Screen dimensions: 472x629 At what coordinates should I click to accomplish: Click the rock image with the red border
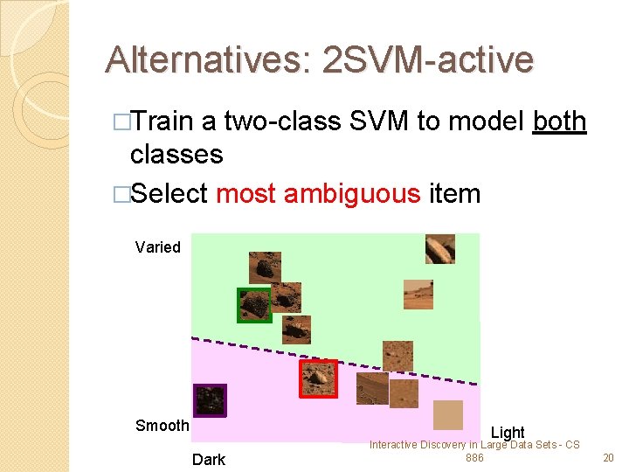click(x=318, y=378)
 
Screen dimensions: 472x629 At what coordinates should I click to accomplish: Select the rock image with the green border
click(x=255, y=305)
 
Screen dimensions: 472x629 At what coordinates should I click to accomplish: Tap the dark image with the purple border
click(x=209, y=400)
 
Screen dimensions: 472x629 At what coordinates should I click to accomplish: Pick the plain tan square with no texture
click(x=448, y=415)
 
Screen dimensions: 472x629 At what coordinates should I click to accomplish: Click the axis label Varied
click(x=158, y=247)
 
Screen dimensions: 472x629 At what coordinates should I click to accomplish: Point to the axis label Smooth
click(x=162, y=426)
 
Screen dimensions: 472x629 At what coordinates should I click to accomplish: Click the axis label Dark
click(x=209, y=460)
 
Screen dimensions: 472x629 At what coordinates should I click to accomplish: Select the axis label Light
click(x=508, y=433)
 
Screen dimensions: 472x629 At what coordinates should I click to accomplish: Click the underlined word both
click(x=559, y=121)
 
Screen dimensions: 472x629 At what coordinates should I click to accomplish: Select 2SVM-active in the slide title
click(x=427, y=60)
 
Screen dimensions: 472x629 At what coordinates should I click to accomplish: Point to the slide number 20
click(x=608, y=458)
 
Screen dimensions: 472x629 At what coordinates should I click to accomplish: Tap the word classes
click(x=176, y=155)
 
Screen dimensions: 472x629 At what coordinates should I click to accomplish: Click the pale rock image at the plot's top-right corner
click(x=439, y=248)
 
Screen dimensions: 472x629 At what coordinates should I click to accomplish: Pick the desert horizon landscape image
click(x=418, y=295)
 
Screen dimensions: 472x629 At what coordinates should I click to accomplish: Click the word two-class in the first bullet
click(x=282, y=121)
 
